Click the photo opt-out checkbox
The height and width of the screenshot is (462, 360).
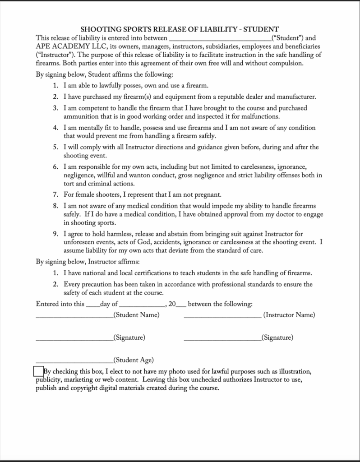(39, 371)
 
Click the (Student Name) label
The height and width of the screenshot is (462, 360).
(137, 314)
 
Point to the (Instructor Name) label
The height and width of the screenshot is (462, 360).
(289, 314)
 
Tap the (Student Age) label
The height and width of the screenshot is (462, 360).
(134, 360)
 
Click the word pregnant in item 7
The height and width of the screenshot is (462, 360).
(206, 195)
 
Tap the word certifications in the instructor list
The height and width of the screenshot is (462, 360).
(161, 273)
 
